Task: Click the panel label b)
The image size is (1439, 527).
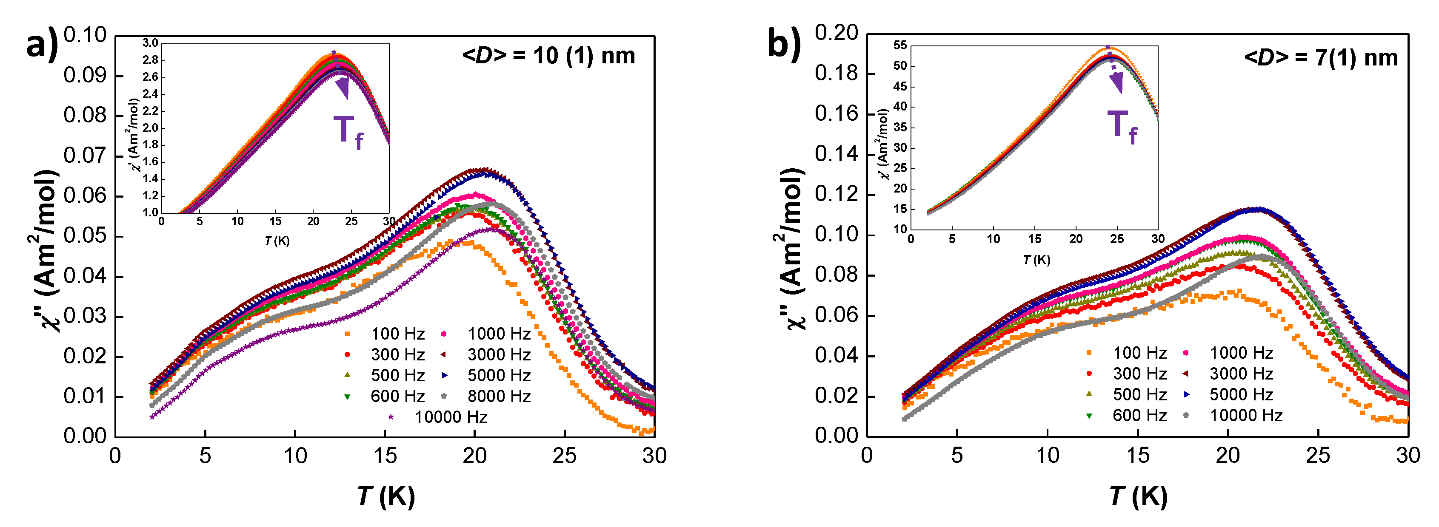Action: coord(784,43)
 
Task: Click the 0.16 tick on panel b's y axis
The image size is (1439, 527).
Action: coord(836,114)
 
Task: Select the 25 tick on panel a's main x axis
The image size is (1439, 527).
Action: coord(564,456)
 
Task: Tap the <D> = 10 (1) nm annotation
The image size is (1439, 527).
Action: coord(548,56)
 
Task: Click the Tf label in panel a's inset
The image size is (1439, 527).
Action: coord(348,132)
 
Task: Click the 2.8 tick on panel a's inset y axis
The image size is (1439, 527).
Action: coord(150,60)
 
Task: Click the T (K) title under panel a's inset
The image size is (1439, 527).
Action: coord(277,241)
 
